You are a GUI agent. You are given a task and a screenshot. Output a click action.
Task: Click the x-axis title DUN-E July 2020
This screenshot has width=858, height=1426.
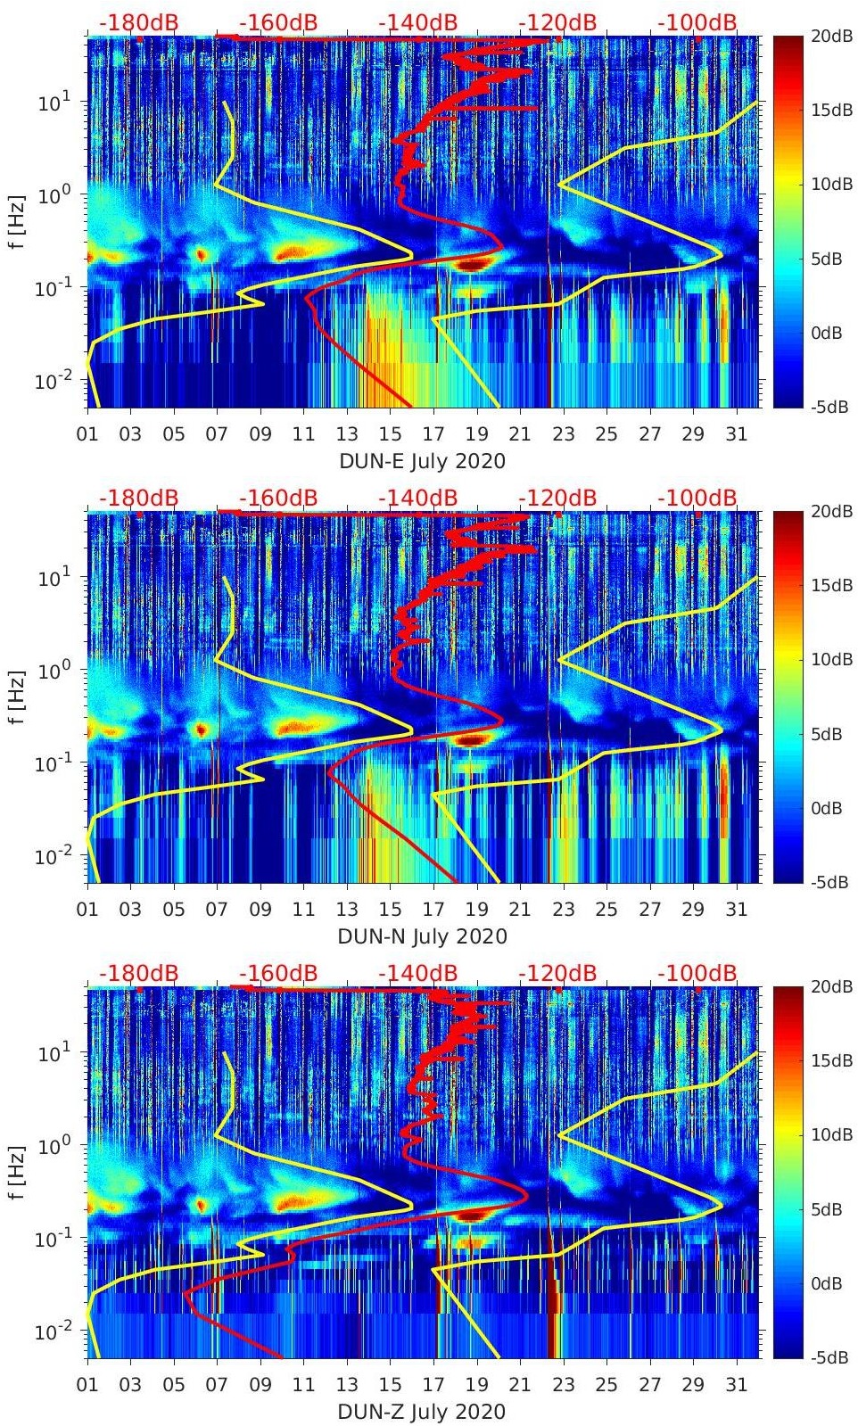click(x=422, y=461)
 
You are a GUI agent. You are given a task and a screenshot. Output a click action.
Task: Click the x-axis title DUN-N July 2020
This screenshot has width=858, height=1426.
click(x=422, y=936)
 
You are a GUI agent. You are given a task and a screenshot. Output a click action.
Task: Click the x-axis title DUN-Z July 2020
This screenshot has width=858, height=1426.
click(x=422, y=1412)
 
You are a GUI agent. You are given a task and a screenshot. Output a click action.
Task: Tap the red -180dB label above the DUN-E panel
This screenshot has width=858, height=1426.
click(x=139, y=22)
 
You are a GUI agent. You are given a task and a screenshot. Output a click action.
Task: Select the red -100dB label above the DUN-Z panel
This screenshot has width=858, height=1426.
click(x=697, y=973)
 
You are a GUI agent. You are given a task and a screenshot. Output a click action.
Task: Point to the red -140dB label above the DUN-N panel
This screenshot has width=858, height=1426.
click(x=418, y=498)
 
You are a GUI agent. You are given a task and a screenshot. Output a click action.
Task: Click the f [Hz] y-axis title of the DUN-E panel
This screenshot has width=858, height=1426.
click(x=18, y=222)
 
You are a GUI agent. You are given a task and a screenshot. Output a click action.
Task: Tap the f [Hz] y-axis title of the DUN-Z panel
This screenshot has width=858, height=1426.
click(x=18, y=1173)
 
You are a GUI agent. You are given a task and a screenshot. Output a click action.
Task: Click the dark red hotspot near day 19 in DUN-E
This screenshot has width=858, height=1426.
click(x=472, y=264)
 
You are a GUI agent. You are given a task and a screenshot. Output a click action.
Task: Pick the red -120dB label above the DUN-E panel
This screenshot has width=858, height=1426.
click(x=557, y=22)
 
